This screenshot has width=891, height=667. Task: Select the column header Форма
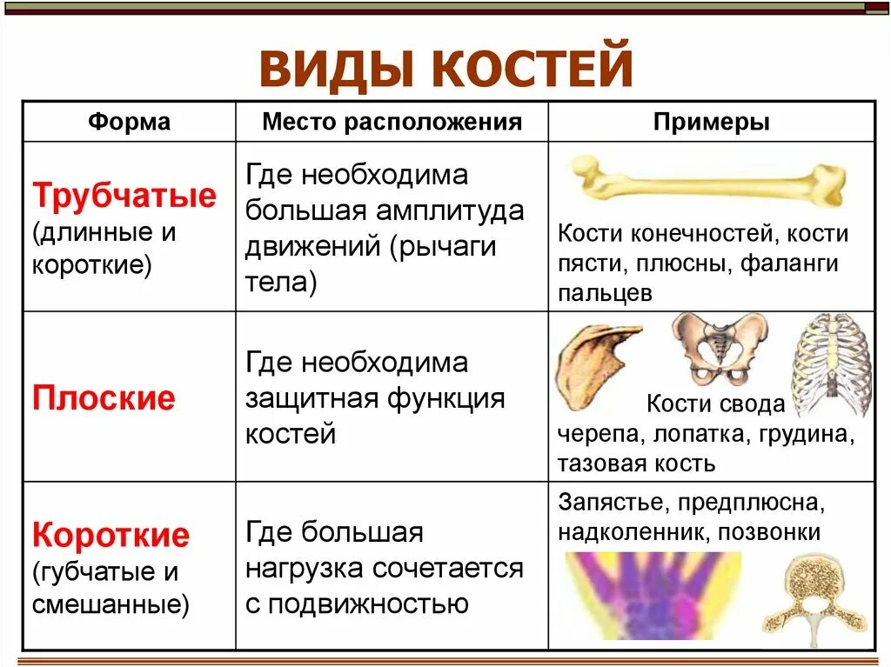point(129,122)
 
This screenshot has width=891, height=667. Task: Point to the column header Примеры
point(711,122)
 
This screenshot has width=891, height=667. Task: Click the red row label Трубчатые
point(124,196)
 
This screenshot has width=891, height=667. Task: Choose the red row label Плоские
point(104,398)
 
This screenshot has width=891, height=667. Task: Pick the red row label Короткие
point(111,535)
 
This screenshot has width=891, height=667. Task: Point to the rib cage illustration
point(831,364)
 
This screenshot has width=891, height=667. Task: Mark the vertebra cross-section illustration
point(815,597)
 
